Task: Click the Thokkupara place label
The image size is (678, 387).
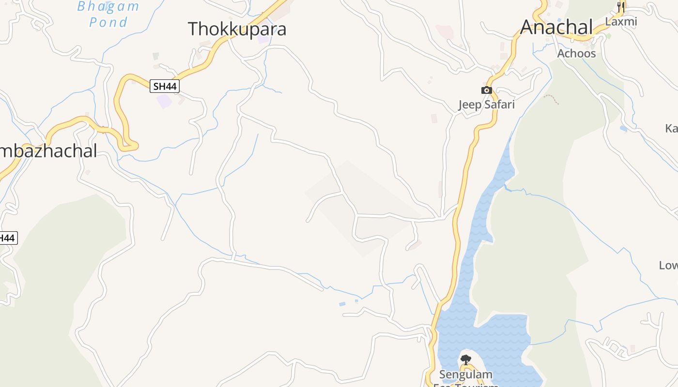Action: [237, 29]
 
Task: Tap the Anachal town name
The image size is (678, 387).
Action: [556, 27]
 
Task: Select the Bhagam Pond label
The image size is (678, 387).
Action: [108, 15]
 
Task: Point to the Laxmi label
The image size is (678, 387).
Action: [621, 22]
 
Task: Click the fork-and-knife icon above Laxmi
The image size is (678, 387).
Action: [621, 7]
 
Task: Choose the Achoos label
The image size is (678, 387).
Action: [576, 53]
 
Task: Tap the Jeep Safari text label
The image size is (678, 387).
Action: [486, 104]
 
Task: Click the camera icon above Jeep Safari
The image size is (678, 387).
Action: [487, 90]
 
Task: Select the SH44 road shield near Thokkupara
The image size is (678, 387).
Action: [165, 87]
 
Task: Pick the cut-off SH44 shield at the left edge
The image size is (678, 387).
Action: [8, 238]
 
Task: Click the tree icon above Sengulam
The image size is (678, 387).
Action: [465, 360]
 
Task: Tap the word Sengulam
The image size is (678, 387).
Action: [465, 374]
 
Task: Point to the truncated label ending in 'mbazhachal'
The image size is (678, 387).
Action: [48, 151]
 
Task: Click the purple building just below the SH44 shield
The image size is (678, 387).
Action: [164, 102]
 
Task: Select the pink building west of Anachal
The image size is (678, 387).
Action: [444, 32]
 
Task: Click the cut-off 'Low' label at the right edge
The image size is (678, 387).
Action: [668, 265]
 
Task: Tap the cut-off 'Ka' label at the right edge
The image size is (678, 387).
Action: [671, 128]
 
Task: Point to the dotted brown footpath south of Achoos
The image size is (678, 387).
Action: [551, 99]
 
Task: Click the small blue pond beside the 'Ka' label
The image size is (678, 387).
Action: [623, 129]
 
